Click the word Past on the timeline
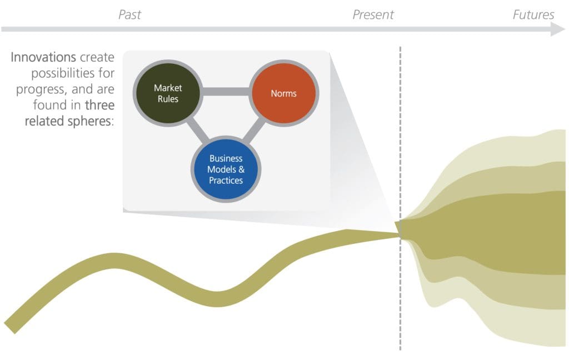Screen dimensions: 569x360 pyautogui.click(x=129, y=14)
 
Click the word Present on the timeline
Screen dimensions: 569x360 pyautogui.click(x=373, y=14)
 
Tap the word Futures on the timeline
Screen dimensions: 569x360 pyautogui.click(x=533, y=14)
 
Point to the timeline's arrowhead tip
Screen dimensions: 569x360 pyautogui.click(x=565, y=29)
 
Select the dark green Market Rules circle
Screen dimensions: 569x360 pyautogui.click(x=168, y=93)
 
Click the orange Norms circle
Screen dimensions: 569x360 pyautogui.click(x=284, y=93)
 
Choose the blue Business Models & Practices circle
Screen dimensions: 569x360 pyautogui.click(x=226, y=169)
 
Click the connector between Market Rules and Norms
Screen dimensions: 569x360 pyautogui.click(x=226, y=92)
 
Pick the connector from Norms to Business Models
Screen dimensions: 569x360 pyautogui.click(x=254, y=131)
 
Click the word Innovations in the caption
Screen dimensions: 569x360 pyautogui.click(x=43, y=57)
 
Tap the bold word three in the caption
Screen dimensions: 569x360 pyautogui.click(x=100, y=105)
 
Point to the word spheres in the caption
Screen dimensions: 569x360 pyautogui.click(x=91, y=122)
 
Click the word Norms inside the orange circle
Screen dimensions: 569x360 pyautogui.click(x=284, y=93)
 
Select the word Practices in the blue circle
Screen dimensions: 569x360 pyautogui.click(x=226, y=181)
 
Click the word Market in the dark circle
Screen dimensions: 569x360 pyautogui.click(x=168, y=88)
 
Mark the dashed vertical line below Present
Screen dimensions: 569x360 pyautogui.click(x=400, y=198)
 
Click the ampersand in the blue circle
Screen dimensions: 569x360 pyautogui.click(x=241, y=169)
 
